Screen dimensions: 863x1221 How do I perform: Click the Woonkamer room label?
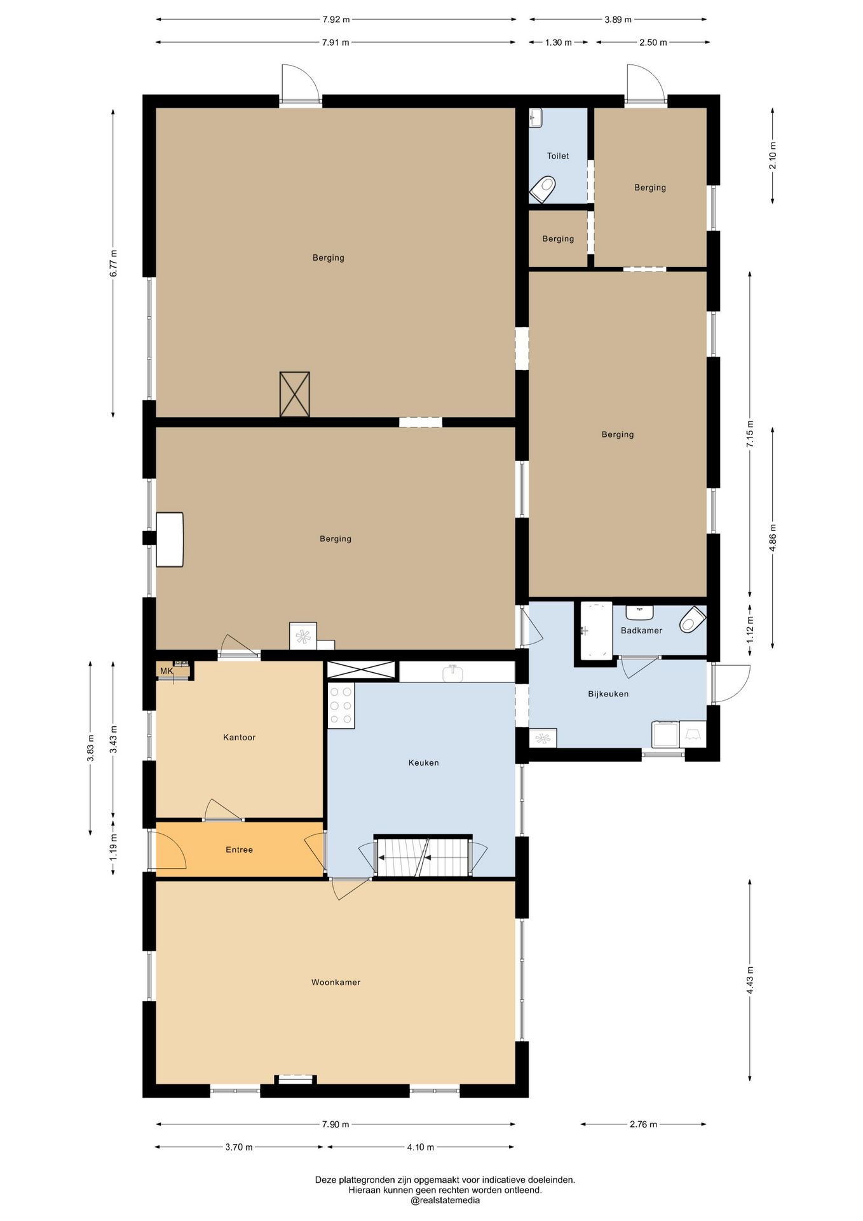[336, 983]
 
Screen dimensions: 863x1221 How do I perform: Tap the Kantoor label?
[240, 738]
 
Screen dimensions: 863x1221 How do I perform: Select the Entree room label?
[240, 850]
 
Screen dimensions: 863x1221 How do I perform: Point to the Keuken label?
[424, 762]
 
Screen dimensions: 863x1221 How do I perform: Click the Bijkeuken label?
[608, 694]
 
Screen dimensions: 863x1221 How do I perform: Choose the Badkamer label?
[641, 630]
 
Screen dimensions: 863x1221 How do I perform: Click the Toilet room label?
[558, 156]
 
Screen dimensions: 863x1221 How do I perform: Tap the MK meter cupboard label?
[166, 671]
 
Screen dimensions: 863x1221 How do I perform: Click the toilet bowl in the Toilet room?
[543, 189]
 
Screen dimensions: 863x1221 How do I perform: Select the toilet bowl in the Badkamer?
[692, 619]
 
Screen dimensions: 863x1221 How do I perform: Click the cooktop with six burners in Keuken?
[341, 705]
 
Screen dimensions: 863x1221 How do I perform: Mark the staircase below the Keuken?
[423, 857]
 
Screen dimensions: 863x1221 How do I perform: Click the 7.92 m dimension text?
[336, 19]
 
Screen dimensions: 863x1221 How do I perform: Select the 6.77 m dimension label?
[113, 263]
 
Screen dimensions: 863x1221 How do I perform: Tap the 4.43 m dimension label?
[750, 980]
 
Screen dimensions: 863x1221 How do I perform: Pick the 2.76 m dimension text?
[644, 1124]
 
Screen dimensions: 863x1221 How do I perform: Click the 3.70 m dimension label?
[239, 1147]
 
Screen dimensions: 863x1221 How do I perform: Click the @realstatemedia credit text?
[445, 1201]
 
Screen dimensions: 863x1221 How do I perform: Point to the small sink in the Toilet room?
[536, 118]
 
